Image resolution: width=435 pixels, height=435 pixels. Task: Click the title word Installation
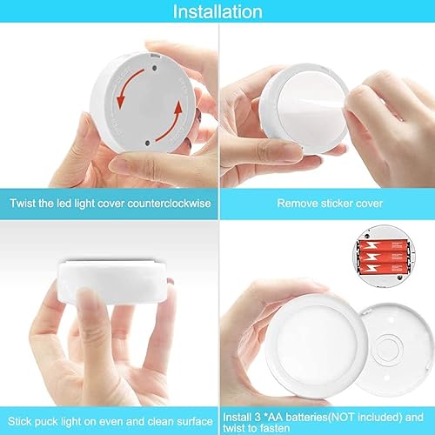217,12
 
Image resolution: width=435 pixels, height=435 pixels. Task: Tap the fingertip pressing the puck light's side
87,300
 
